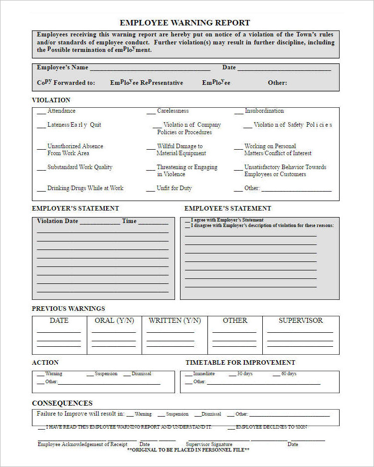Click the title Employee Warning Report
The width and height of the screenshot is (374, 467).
click(x=185, y=23)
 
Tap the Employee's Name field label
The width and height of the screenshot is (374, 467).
click(x=62, y=67)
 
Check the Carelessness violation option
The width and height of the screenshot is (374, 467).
click(x=173, y=111)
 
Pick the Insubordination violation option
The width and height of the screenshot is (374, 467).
click(x=264, y=111)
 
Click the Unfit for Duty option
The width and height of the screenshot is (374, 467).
click(x=174, y=188)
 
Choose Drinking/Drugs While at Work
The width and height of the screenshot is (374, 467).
click(x=85, y=188)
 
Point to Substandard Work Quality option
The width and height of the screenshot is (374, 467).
click(x=80, y=167)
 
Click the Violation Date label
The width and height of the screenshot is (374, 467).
click(x=57, y=221)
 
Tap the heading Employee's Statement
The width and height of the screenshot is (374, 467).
click(x=228, y=208)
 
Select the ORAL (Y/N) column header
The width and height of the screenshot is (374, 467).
click(x=114, y=320)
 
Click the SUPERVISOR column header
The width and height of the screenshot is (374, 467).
click(x=301, y=320)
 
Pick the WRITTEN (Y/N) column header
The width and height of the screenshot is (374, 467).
click(x=175, y=320)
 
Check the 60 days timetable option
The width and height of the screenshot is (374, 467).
click(x=289, y=374)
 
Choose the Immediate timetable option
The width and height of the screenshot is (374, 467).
click(x=203, y=374)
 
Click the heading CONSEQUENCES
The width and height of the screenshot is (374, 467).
click(x=62, y=403)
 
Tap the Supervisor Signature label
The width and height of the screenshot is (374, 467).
click(x=209, y=444)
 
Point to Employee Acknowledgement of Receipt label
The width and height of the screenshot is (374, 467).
click(x=82, y=444)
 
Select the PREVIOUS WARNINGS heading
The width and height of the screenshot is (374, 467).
click(x=68, y=308)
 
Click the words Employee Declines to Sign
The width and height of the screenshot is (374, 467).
click(x=271, y=427)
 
